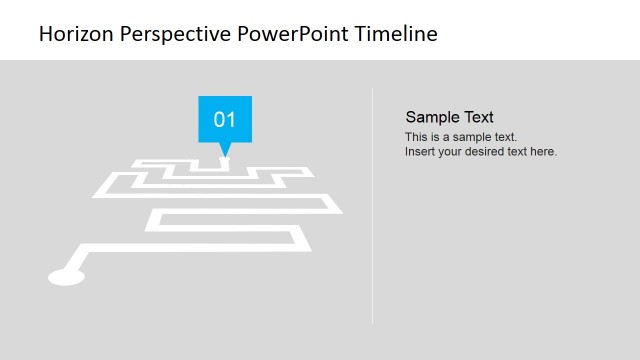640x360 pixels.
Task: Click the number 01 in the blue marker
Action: [x=225, y=120]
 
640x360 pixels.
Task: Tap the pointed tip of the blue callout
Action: [x=224, y=156]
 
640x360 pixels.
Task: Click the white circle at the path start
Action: [x=66, y=276]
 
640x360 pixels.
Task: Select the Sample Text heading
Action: [x=449, y=117]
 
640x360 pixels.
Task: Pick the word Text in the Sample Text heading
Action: [x=478, y=117]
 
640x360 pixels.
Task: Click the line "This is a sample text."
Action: [x=461, y=137]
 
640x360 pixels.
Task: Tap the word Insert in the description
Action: [x=420, y=152]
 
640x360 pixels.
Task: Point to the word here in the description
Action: [x=543, y=152]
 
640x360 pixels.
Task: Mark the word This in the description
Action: [x=416, y=137]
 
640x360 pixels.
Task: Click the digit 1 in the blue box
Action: [x=231, y=120]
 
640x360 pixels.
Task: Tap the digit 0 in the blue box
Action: [x=219, y=120]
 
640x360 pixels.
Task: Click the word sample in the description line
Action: [x=474, y=137]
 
